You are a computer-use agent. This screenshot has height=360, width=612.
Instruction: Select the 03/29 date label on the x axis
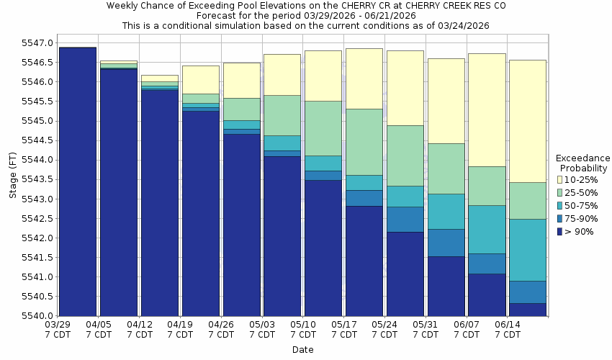pyautogui.click(x=58, y=325)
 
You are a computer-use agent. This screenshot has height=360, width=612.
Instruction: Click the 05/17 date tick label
pyautogui.click(x=345, y=325)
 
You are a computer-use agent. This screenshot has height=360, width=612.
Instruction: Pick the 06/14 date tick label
pyautogui.click(x=508, y=325)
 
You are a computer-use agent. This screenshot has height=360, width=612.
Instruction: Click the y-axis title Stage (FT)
pyautogui.click(x=12, y=179)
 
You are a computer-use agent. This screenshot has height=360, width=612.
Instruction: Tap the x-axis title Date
pyautogui.click(x=303, y=349)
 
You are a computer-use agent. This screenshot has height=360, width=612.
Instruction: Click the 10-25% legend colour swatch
pyautogui.click(x=560, y=179)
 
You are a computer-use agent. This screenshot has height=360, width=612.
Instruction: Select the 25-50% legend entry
pyautogui.click(x=579, y=192)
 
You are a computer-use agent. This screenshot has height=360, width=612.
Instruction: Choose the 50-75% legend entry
pyautogui.click(x=579, y=205)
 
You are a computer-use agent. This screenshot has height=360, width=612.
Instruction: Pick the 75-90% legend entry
pyautogui.click(x=579, y=218)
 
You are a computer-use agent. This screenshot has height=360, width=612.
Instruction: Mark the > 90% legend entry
pyautogui.click(x=579, y=231)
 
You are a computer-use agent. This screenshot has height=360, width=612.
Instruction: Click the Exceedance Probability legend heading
pyautogui.click(x=583, y=163)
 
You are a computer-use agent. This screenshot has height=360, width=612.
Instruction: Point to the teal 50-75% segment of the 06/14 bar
pyautogui.click(x=528, y=250)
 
